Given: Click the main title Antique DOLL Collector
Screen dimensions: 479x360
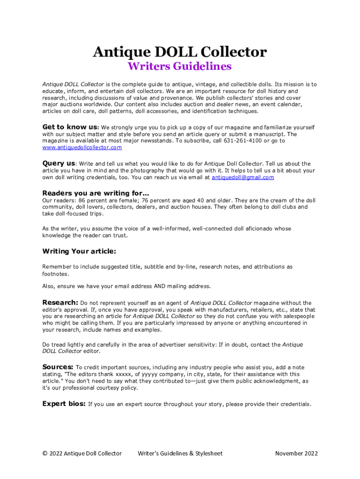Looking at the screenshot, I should click(180, 51).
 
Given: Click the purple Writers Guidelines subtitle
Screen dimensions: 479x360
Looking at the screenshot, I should click(180, 66).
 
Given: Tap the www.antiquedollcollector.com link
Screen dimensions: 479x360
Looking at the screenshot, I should click(82, 147).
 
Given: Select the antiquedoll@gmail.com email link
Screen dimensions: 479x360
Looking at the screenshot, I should click(243, 178).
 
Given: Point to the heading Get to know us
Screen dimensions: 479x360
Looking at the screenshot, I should click(70, 127).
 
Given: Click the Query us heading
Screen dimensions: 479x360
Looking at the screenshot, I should click(58, 164).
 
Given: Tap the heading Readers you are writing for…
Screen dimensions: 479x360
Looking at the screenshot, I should click(96, 193).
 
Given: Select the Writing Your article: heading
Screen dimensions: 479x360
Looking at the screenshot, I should click(79, 251).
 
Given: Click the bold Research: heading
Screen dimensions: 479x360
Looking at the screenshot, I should click(60, 303).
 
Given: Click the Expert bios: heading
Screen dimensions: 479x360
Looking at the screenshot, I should click(64, 404).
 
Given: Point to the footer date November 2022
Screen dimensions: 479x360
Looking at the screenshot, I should click(296, 453).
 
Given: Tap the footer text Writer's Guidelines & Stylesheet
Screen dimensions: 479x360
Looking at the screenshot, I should click(180, 453).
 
